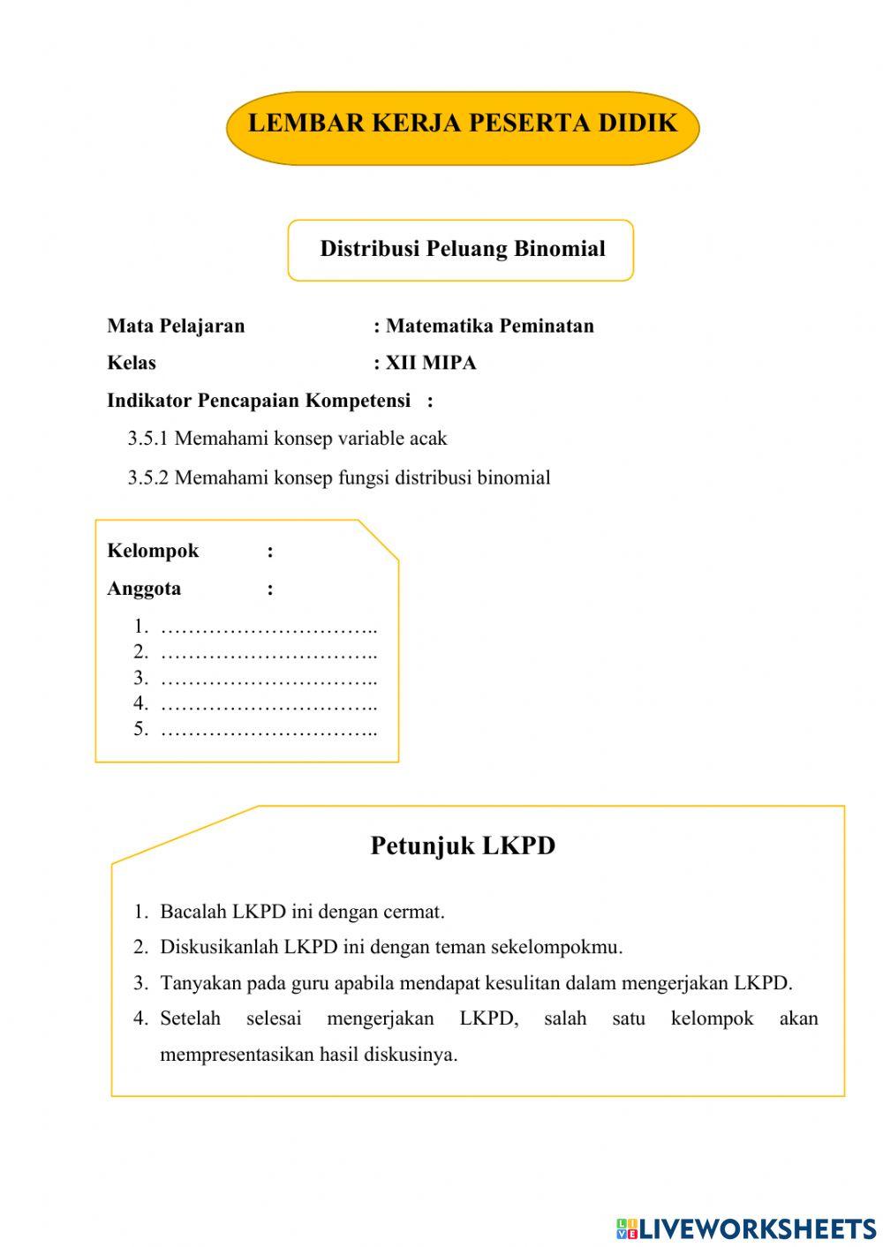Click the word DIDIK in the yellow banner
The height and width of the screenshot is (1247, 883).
click(x=638, y=123)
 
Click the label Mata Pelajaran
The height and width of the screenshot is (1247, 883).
click(x=176, y=326)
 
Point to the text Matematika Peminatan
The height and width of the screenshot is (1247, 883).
click(x=490, y=326)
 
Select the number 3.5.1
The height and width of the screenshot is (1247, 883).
click(x=147, y=439)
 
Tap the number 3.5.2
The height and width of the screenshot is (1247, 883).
click(x=147, y=478)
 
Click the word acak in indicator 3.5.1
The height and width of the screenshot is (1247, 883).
click(x=428, y=439)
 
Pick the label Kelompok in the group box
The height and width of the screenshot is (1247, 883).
click(x=153, y=551)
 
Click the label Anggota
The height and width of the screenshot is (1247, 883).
click(x=144, y=589)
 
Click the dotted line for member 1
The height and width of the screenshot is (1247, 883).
click(x=269, y=628)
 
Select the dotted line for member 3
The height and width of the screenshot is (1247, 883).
click(x=269, y=680)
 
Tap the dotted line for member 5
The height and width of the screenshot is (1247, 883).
click(x=269, y=731)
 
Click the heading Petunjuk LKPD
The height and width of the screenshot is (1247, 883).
click(x=463, y=845)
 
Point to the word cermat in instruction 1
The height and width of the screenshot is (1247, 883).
click(x=414, y=912)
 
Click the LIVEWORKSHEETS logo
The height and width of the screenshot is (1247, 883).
click(x=746, y=1228)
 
